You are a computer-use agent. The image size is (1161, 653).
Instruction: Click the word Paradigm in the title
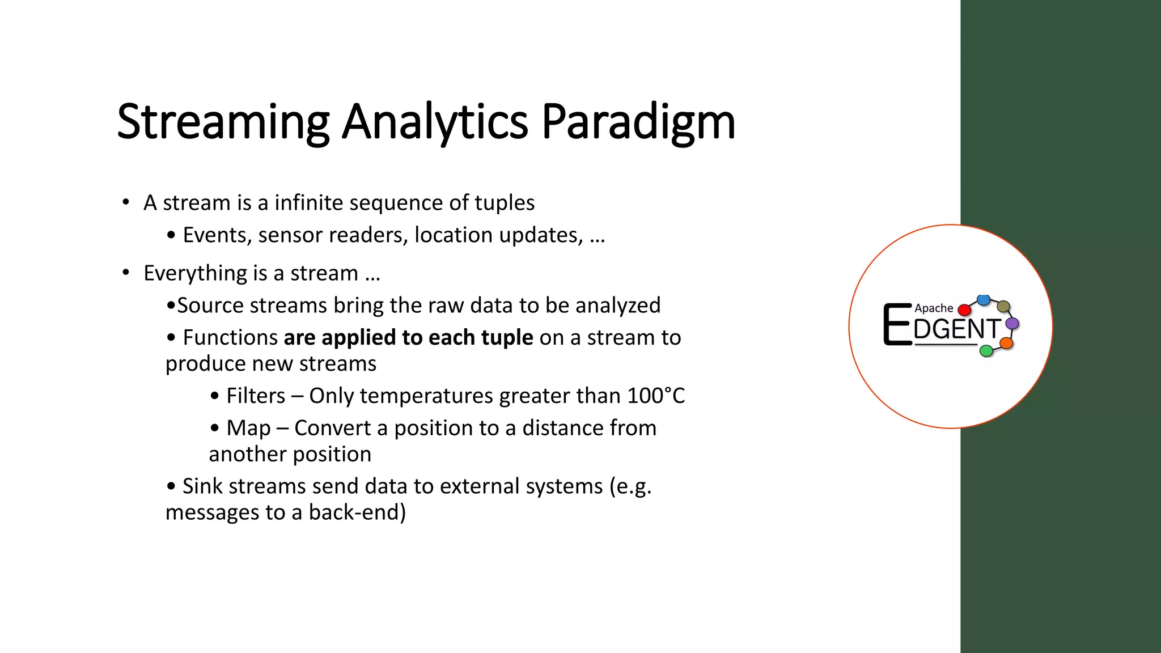point(638,122)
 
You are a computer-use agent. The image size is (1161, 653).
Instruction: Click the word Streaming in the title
point(223,122)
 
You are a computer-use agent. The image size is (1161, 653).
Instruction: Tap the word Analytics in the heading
point(435,122)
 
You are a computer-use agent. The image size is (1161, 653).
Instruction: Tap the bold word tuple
point(507,338)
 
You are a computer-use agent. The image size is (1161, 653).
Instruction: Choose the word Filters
point(256,396)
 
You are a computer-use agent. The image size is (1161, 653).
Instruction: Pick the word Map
point(248,428)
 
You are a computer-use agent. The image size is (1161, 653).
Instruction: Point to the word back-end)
point(357,512)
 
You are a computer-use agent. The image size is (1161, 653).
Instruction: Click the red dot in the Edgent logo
point(964,310)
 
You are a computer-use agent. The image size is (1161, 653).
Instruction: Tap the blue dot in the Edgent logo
point(984,299)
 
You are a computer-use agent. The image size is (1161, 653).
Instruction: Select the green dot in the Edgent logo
point(986,351)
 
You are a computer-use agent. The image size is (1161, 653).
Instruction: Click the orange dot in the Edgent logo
point(1006,343)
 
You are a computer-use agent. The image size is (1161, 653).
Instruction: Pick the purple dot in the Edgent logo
point(1012,324)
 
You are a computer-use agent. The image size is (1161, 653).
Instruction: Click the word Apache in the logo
point(934,308)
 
